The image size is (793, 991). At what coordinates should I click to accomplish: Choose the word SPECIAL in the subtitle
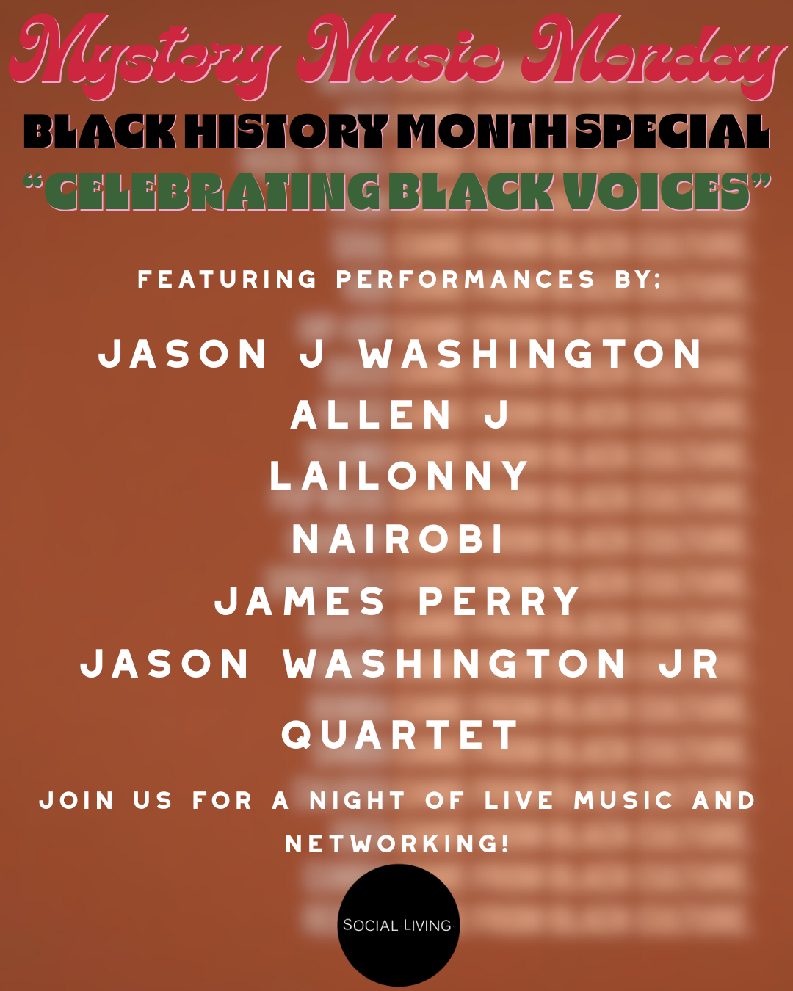pos(672,132)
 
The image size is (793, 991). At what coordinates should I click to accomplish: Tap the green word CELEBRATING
pos(213,192)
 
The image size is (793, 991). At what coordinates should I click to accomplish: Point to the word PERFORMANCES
pos(466,280)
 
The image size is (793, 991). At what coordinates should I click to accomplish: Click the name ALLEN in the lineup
pos(372,415)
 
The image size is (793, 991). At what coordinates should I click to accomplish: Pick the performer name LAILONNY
pos(399,476)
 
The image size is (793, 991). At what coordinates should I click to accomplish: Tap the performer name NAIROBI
pos(399,540)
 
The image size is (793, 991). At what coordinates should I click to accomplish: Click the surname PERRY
pos(499,602)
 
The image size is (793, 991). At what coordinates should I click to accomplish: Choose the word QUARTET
pos(400,735)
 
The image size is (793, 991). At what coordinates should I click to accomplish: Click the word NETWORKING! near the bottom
pos(397,844)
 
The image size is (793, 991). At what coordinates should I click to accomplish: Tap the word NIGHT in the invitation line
pos(358,800)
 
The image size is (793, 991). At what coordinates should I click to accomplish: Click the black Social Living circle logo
pos(398,925)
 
